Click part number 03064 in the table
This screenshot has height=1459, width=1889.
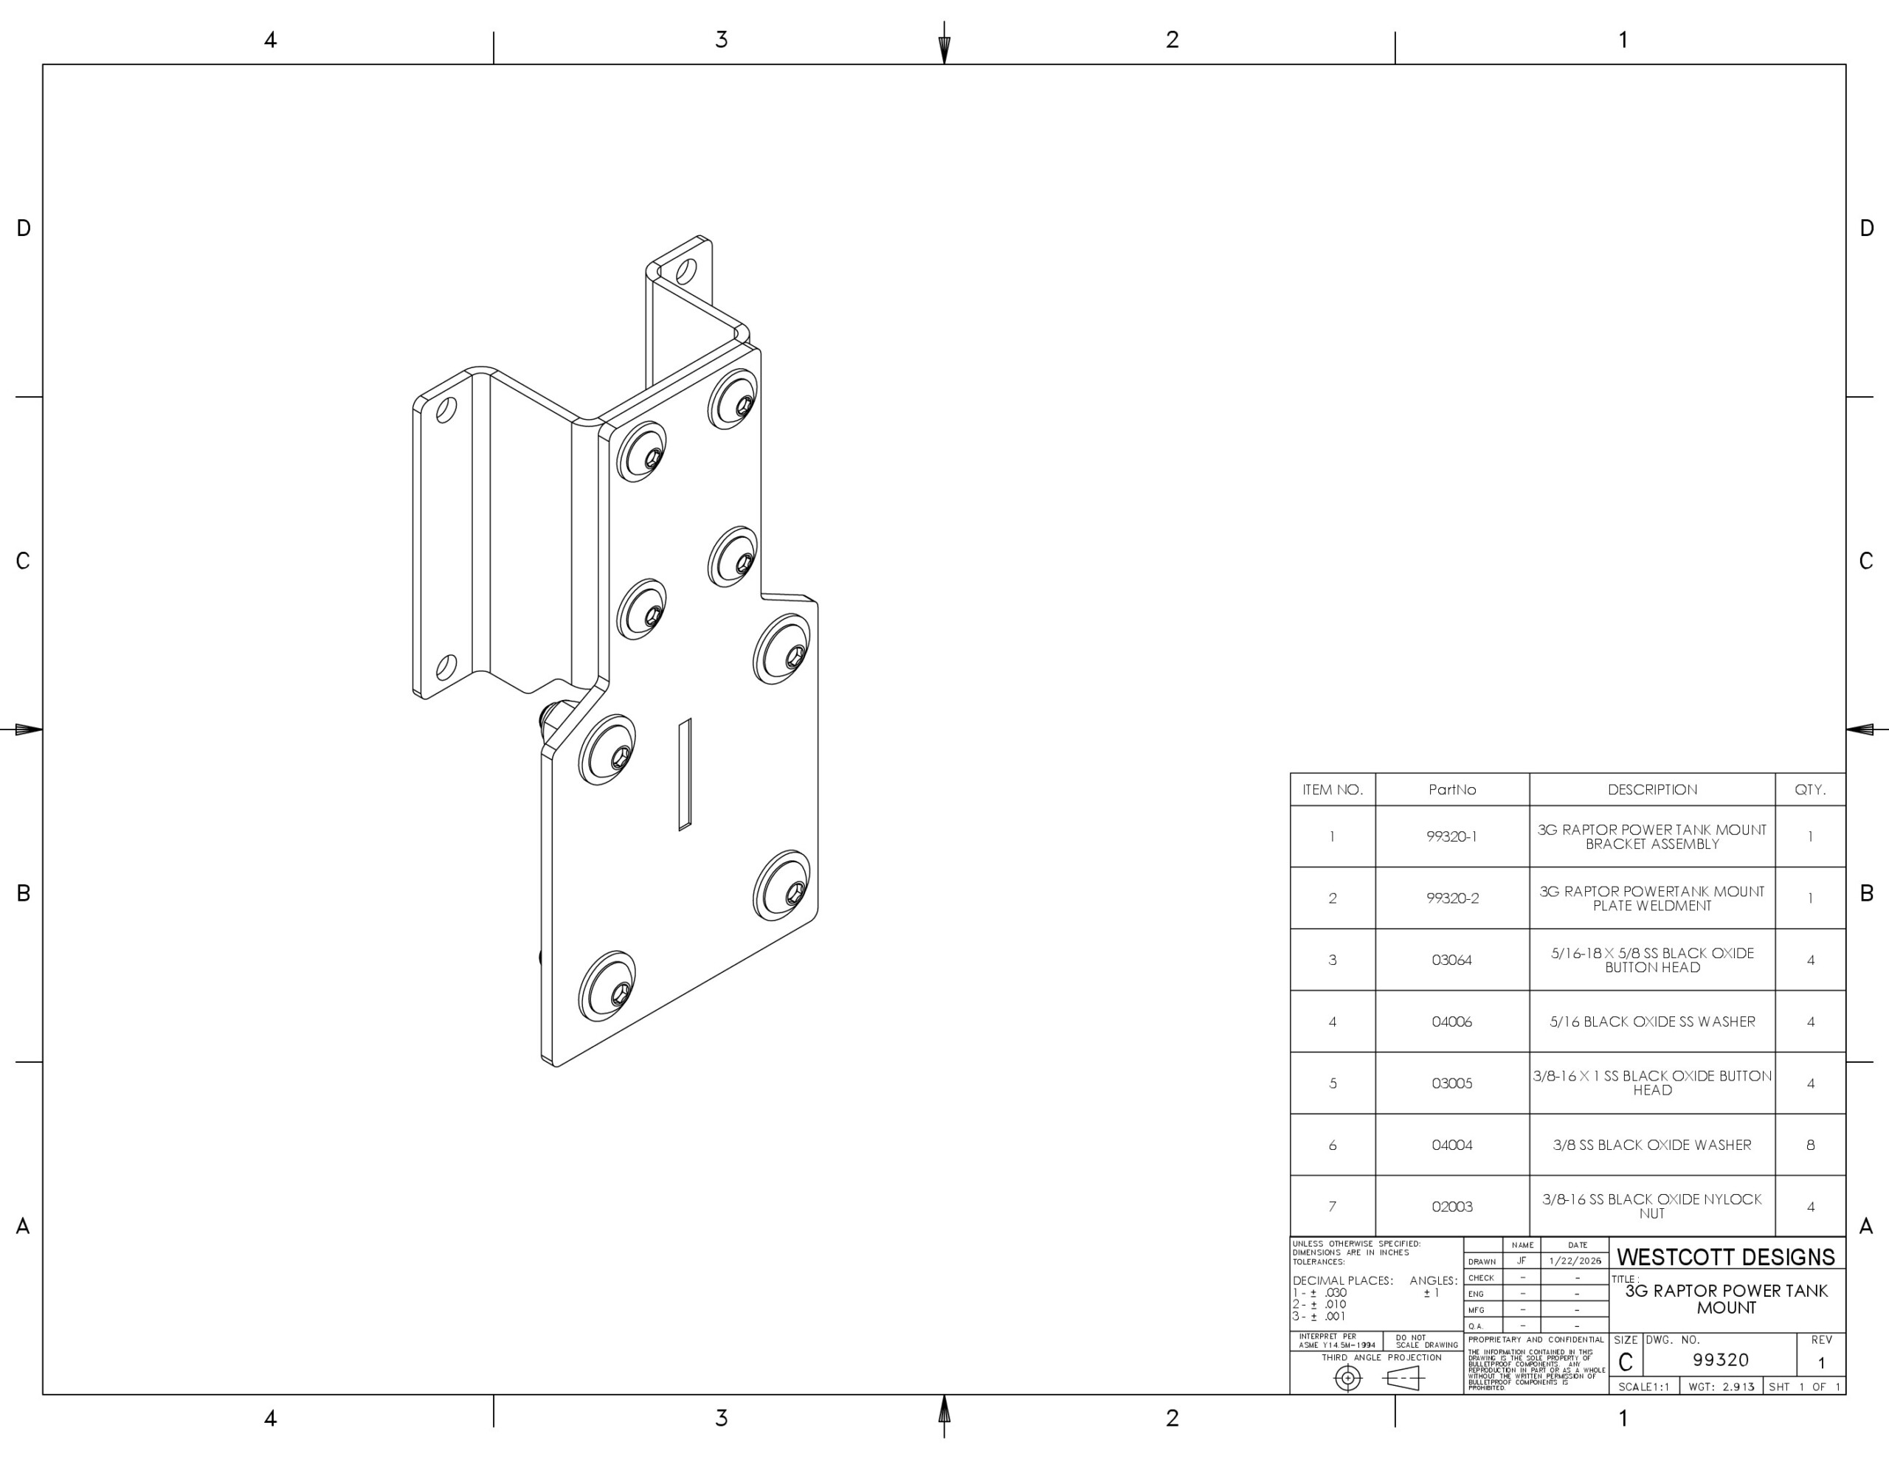point(1451,960)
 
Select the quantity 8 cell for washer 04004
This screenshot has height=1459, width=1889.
point(1809,1145)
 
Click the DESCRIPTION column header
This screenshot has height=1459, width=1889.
point(1651,789)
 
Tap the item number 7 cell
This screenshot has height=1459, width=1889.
point(1332,1207)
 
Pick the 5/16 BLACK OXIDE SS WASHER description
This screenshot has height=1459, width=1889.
point(1651,1022)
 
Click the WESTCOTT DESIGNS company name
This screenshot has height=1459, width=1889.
point(1725,1257)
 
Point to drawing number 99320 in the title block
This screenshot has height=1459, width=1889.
point(1720,1359)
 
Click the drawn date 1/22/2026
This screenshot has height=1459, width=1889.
point(1576,1261)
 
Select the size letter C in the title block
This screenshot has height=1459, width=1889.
point(1625,1363)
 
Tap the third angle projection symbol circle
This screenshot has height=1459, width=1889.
point(1347,1379)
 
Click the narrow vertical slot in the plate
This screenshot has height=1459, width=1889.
point(684,774)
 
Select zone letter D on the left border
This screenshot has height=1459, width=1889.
point(24,229)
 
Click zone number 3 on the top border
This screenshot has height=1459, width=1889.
point(722,40)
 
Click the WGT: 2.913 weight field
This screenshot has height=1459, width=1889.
point(1720,1387)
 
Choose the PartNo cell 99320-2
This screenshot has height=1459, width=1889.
point(1451,898)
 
